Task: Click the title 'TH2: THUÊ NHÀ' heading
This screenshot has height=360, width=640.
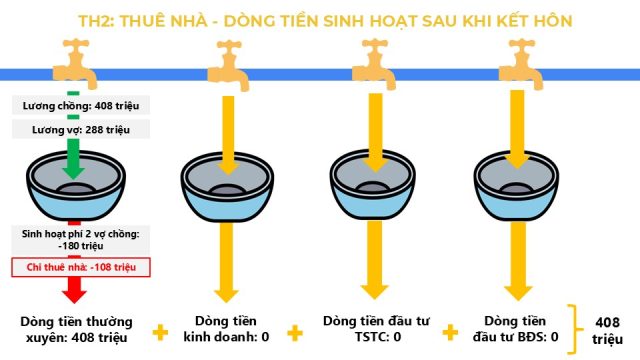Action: pyautogui.click(x=142, y=21)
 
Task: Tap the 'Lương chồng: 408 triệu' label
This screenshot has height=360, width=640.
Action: pyautogui.click(x=81, y=106)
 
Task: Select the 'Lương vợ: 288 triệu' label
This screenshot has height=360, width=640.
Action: pyautogui.click(x=81, y=130)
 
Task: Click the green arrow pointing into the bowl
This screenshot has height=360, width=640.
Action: pyautogui.click(x=73, y=158)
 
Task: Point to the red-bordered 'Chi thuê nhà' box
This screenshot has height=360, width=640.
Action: pyautogui.click(x=81, y=267)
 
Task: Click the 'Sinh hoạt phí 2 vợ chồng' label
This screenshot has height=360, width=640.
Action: pyautogui.click(x=80, y=240)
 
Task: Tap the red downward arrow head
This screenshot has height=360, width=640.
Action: pyautogui.click(x=74, y=296)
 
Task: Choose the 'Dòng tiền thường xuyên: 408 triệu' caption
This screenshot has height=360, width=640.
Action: pyautogui.click(x=76, y=330)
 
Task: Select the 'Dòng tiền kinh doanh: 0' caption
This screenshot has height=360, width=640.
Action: pyautogui.click(x=226, y=329)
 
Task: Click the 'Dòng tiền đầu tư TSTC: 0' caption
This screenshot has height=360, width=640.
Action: pyautogui.click(x=376, y=329)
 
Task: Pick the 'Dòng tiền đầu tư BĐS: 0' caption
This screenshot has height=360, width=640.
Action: pyautogui.click(x=515, y=329)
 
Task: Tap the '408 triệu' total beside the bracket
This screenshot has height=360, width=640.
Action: pyautogui.click(x=607, y=331)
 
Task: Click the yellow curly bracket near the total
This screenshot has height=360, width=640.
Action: pyautogui.click(x=575, y=329)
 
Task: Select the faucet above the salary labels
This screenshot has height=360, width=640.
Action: pyautogui.click(x=75, y=63)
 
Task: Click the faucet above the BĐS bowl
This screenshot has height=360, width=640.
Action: pyautogui.click(x=521, y=64)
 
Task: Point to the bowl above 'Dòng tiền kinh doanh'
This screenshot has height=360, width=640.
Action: pyautogui.click(x=227, y=187)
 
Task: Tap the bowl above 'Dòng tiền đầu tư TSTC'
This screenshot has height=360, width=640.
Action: pyautogui.click(x=373, y=185)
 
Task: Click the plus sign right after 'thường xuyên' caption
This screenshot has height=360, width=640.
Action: pyautogui.click(x=160, y=332)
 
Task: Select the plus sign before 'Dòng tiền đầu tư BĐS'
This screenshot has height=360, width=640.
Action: pyautogui.click(x=450, y=332)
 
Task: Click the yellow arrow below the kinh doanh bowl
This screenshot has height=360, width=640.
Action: pyautogui.click(x=227, y=262)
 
